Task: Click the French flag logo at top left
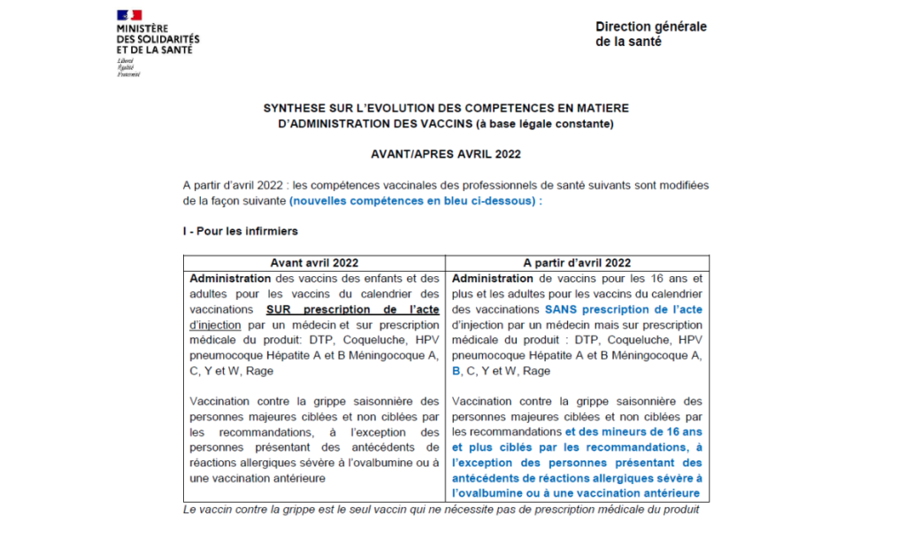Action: pos(129,16)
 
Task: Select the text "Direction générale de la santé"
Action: pos(650,34)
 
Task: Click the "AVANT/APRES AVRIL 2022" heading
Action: pos(446,153)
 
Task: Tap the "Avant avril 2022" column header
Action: pos(314,263)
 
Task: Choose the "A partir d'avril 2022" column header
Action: pos(577,263)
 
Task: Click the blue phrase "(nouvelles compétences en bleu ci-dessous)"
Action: pos(413,201)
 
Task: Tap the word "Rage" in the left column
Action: pos(260,372)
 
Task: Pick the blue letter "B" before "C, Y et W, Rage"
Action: pos(457,372)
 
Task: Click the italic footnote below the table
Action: pos(441,510)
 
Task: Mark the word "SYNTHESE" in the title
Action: pos(295,108)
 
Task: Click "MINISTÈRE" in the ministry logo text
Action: pos(142,30)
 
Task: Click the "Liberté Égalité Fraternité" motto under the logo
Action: pos(129,67)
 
